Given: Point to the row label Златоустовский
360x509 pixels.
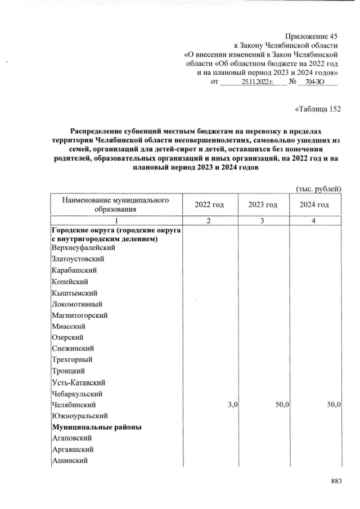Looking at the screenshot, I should (x=78, y=259).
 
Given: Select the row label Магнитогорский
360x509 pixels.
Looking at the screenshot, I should (x=79, y=315).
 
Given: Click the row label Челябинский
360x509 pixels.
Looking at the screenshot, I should (x=73, y=404).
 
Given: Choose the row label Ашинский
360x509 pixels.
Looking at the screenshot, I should (x=71, y=460).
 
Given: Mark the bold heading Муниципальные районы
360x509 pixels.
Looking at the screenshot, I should (x=96, y=427).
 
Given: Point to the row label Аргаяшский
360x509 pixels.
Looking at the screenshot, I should (x=73, y=449).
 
